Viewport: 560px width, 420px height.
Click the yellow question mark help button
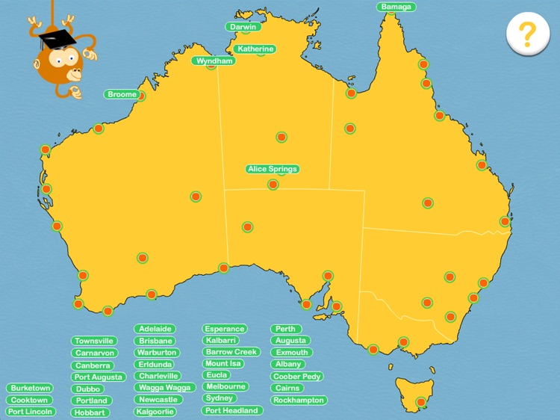pos(527,34)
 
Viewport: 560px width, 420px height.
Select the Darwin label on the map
pos(243,27)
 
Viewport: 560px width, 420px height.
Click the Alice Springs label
pos(273,169)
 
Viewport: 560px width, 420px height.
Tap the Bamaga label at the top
pos(396,7)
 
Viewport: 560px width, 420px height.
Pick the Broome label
pos(122,95)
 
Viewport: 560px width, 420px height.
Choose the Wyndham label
pos(215,61)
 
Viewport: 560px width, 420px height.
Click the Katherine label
pos(255,49)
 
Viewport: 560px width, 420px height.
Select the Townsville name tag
pos(94,341)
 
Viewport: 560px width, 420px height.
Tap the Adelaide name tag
pos(156,329)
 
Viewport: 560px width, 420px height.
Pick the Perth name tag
pos(286,329)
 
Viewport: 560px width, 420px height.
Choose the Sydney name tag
pos(220,398)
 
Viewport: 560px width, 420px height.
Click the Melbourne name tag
pos(225,387)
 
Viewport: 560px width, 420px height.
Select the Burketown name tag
pos(31,389)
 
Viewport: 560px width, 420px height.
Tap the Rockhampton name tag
pos(299,401)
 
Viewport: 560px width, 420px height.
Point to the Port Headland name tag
pos(232,411)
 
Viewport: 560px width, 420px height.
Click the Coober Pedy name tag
pos(297,377)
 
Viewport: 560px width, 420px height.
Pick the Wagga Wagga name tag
pos(165,388)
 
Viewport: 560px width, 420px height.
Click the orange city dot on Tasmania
pos(421,402)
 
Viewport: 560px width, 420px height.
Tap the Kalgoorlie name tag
pos(156,412)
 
